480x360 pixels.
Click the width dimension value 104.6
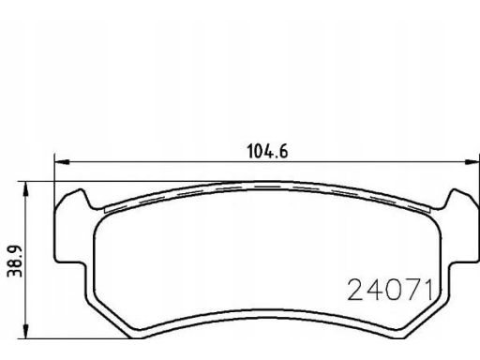pos(267,151)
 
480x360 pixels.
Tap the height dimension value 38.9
pos(15,262)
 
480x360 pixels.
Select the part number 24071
pos(390,290)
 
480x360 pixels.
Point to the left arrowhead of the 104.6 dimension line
pos(62,162)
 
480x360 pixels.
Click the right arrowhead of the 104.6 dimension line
pos(472,162)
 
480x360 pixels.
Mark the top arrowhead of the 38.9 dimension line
pos(25,188)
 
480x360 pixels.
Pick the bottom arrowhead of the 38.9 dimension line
pos(25,331)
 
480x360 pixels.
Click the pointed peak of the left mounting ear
pos(81,189)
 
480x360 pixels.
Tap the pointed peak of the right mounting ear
pos(455,189)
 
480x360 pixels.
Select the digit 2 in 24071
pos(355,290)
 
